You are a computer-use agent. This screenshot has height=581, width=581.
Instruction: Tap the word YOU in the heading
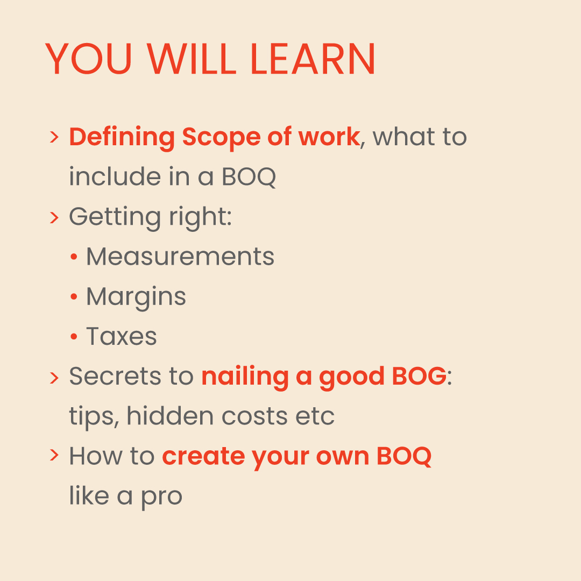88,59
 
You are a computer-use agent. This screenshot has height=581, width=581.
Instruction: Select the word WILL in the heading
191,59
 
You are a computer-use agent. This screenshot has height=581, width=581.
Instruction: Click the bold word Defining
122,138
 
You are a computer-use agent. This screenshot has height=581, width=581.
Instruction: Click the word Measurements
180,257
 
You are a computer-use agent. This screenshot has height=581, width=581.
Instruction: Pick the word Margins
136,296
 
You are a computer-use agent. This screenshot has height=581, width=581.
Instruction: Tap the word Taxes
122,336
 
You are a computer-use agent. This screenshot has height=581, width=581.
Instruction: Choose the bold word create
203,456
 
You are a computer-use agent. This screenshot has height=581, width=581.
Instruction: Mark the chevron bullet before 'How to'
54,456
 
